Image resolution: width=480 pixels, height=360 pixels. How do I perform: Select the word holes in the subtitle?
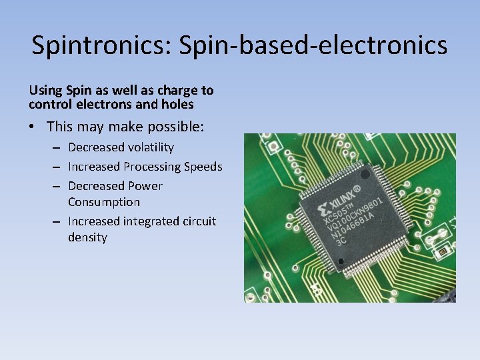(177, 104)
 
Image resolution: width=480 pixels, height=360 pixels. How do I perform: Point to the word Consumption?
(103, 201)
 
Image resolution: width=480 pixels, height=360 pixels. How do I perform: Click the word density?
(87, 237)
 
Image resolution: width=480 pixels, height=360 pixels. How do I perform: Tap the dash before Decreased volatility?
(57, 147)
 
